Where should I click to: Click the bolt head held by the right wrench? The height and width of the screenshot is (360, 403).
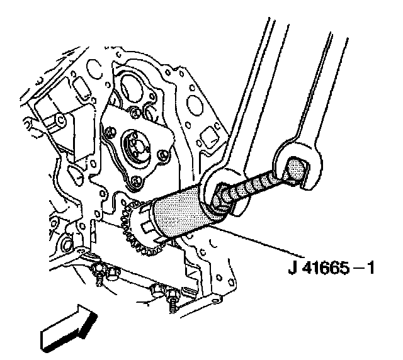tap(295, 170)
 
